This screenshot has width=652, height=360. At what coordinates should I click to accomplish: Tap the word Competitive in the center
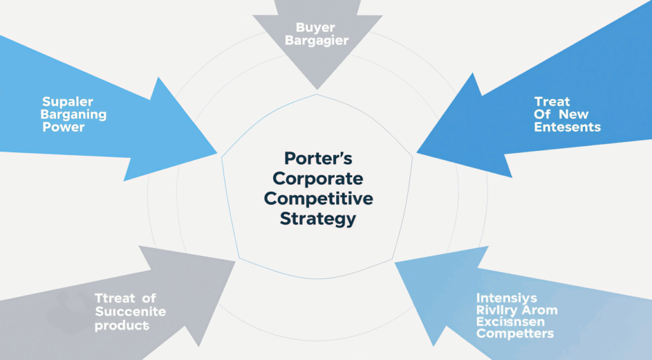(x=319, y=198)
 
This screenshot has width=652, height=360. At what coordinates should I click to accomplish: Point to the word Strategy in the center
(x=318, y=219)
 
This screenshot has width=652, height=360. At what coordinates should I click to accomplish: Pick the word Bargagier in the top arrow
(x=316, y=41)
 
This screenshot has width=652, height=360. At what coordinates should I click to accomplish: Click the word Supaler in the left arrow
(x=67, y=102)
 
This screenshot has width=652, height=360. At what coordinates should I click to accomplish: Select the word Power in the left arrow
(x=64, y=127)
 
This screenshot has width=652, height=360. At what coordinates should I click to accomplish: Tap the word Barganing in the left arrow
(x=74, y=115)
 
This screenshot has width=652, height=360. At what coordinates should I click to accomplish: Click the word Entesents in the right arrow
(x=567, y=127)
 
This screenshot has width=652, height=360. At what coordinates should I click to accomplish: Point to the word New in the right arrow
(x=574, y=115)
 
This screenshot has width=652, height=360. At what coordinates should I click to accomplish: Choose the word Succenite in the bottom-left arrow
(x=130, y=312)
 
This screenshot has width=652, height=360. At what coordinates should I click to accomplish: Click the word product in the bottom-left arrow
(x=122, y=325)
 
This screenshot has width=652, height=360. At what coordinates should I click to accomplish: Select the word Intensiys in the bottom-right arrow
(x=506, y=298)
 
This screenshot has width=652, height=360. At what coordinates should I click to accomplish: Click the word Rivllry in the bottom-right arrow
(x=499, y=310)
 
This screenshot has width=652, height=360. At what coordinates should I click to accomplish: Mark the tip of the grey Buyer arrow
(x=316, y=89)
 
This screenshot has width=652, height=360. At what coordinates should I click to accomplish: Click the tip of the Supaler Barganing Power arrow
(x=217, y=153)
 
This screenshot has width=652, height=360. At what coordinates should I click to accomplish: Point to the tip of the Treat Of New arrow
(x=417, y=153)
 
